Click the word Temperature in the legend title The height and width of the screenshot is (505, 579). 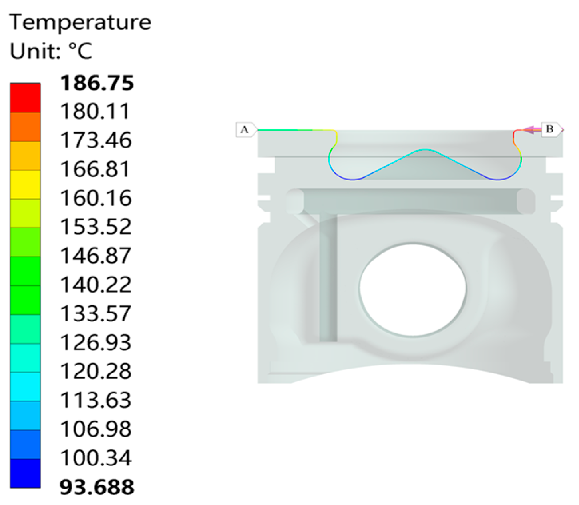click(80, 22)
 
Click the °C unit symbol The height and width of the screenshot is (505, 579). click(80, 51)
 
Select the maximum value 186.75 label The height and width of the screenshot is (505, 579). click(97, 83)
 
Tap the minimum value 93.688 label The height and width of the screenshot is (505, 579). click(97, 487)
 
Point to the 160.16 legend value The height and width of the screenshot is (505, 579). click(96, 198)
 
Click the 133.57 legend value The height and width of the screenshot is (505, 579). click(96, 314)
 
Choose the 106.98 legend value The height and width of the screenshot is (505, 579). click(96, 429)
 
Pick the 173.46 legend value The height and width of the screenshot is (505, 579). click(96, 141)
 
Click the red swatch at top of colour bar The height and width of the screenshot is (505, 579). click(25, 98)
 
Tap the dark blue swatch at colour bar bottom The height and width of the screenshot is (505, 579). click(25, 473)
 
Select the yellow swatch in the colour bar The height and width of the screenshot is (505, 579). click(25, 184)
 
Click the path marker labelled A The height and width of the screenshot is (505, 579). click(245, 130)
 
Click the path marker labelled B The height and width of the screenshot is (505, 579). click(550, 129)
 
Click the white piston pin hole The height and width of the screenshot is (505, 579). click(412, 289)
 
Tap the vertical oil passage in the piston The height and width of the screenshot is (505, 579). click(328, 280)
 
